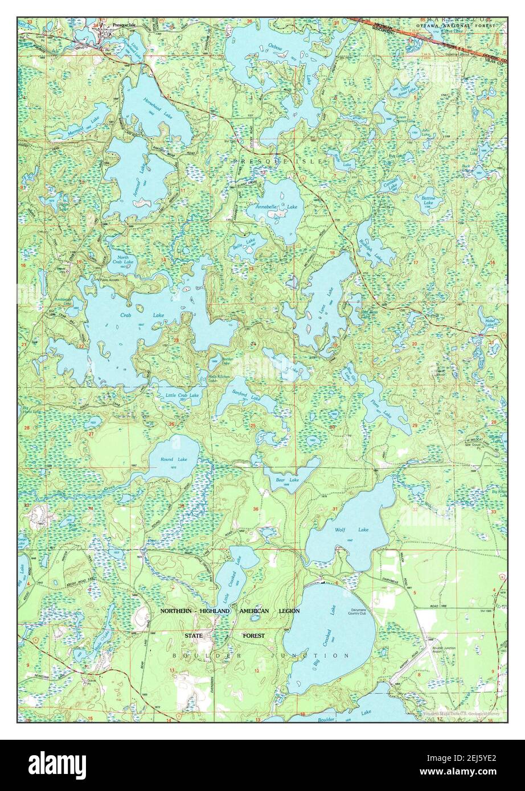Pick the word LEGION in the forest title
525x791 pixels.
(x=289, y=611)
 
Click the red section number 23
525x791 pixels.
(x=176, y=341)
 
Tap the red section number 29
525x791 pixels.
(x=414, y=426)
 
